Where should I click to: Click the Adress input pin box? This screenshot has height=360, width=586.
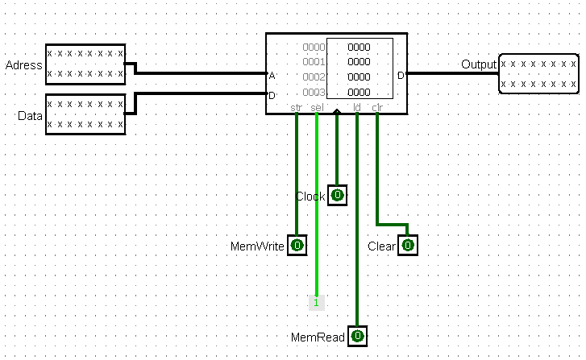click(x=85, y=64)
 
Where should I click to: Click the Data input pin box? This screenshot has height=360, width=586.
click(x=85, y=114)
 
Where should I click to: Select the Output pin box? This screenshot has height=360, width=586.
click(x=538, y=73)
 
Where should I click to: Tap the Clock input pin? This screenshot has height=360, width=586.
click(x=338, y=195)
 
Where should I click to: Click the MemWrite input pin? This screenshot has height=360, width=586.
click(x=297, y=245)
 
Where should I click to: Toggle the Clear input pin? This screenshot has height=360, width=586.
click(x=408, y=245)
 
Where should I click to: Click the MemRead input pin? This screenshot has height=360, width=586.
click(x=357, y=336)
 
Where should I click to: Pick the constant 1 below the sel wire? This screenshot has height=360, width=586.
click(x=317, y=303)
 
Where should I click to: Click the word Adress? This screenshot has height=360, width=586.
click(x=23, y=64)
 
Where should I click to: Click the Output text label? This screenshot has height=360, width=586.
click(x=478, y=64)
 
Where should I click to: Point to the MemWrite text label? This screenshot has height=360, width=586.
click(x=258, y=246)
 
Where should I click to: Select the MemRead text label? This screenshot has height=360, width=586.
click(x=319, y=337)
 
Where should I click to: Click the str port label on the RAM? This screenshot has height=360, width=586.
click(x=297, y=106)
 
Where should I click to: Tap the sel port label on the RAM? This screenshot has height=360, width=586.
click(x=316, y=106)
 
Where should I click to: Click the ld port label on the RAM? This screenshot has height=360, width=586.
click(x=357, y=106)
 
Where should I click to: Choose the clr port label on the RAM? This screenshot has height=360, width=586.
click(x=376, y=106)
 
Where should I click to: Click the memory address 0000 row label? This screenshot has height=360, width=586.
click(x=314, y=47)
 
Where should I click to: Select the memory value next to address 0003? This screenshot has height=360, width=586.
click(x=359, y=92)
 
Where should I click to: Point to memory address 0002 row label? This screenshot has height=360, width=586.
click(x=314, y=77)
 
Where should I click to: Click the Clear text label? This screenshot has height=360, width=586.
click(x=381, y=246)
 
